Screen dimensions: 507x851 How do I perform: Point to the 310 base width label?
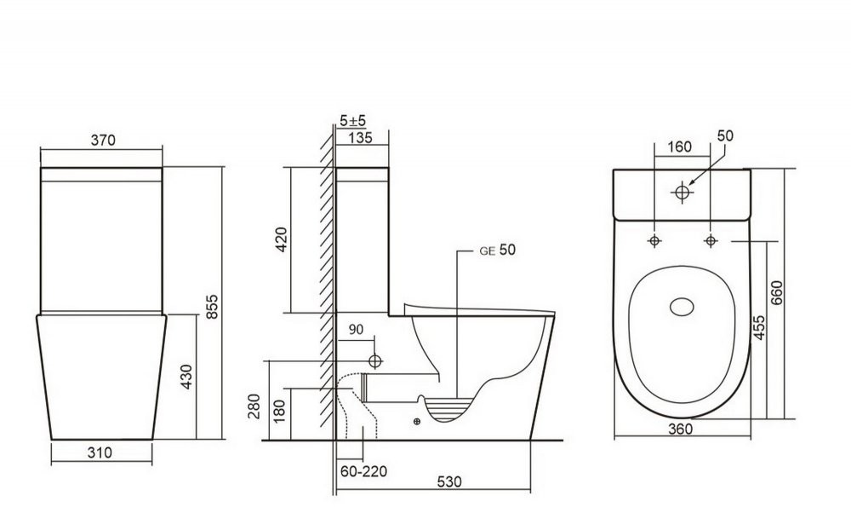(100, 453)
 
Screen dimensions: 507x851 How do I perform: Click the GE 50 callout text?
(497, 250)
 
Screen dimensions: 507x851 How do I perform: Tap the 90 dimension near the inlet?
(356, 330)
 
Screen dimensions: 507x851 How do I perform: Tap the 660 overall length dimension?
(776, 295)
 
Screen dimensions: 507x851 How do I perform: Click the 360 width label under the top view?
(680, 429)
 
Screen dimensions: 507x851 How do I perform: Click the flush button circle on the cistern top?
(681, 193)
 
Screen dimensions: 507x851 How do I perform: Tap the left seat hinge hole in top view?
(654, 242)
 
